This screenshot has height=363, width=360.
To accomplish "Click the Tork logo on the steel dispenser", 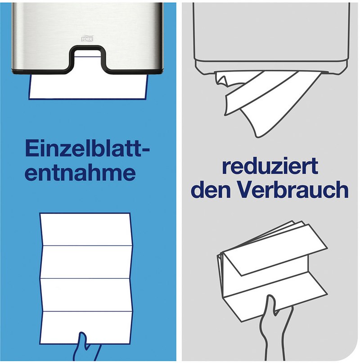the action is (87, 39).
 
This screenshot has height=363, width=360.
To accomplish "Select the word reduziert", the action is (270, 166).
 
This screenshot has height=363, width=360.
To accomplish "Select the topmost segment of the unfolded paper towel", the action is (86, 229).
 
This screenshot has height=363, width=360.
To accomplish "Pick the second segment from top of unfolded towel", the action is (87, 262).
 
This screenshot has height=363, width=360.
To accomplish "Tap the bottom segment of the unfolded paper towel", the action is (86, 327).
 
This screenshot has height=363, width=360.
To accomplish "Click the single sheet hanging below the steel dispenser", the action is (88, 87).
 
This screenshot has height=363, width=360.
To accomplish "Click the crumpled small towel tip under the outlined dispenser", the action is (222, 79).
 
